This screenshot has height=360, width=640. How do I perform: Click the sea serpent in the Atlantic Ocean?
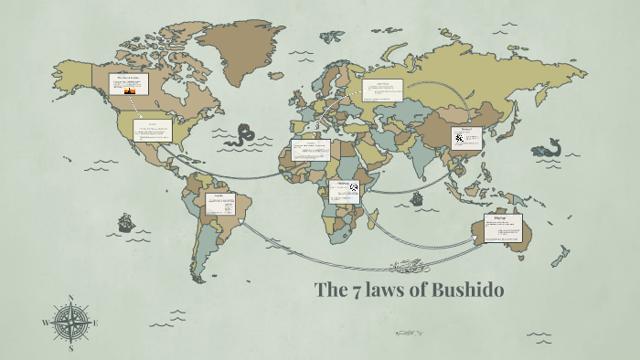click(x=241, y=135)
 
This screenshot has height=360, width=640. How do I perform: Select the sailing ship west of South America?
click(x=126, y=222)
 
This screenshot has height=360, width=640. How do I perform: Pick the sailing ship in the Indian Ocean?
click(x=417, y=197)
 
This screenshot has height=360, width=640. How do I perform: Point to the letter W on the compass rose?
click(x=45, y=323)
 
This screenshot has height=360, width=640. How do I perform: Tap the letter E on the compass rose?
click(x=96, y=323)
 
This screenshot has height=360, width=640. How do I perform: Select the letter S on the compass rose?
click(x=70, y=348)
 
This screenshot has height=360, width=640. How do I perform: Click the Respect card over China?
click(x=467, y=138)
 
